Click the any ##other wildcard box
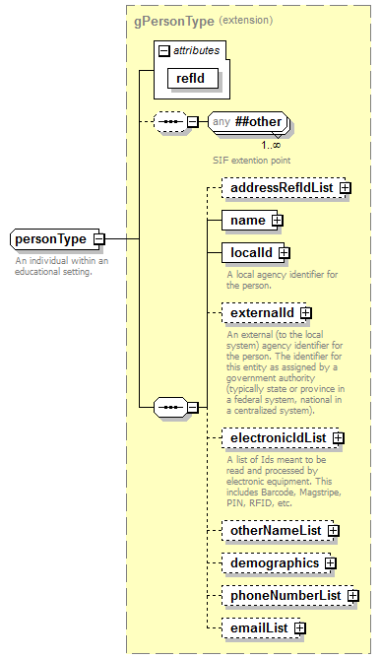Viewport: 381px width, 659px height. tap(249, 122)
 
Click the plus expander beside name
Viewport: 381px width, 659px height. tap(278, 220)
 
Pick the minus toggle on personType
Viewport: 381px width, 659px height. tap(99, 239)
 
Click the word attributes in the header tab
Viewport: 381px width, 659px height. tap(197, 49)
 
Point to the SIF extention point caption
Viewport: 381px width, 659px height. tap(251, 159)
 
